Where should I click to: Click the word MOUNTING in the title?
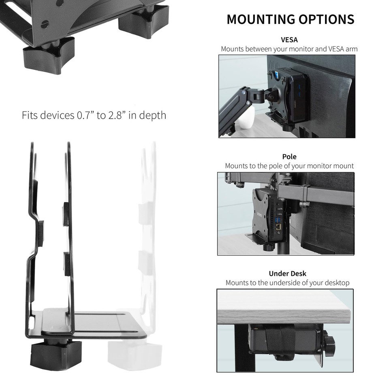click(261, 19)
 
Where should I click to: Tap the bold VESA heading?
click(289, 40)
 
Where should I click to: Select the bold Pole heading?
click(289, 156)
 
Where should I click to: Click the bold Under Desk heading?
click(288, 274)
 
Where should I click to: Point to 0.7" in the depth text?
click(85, 115)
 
